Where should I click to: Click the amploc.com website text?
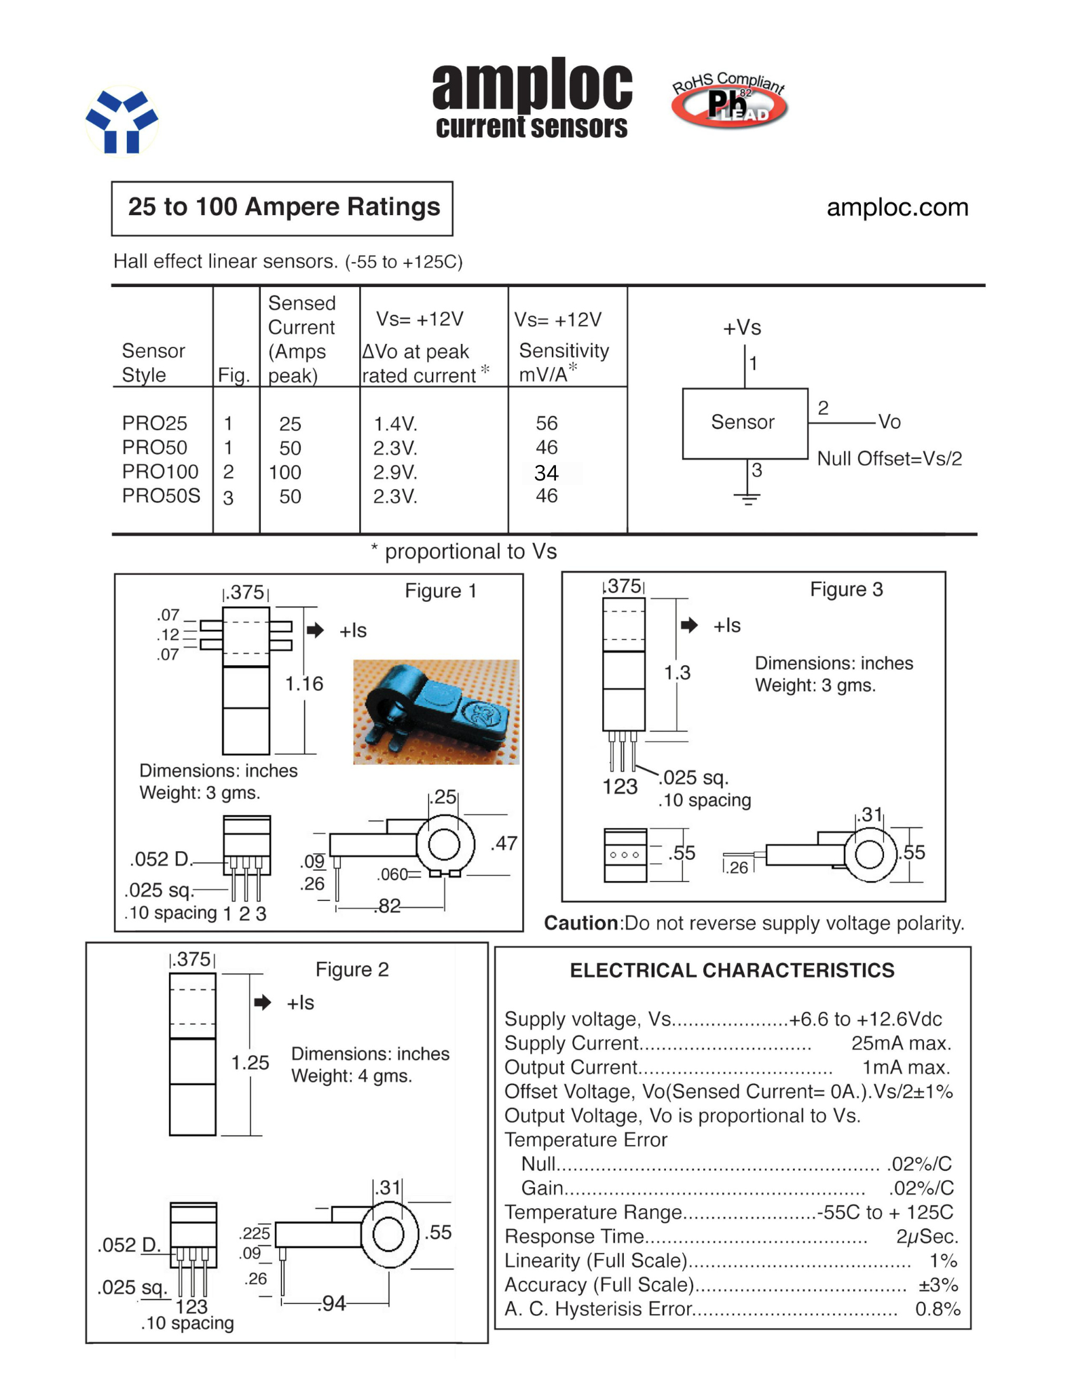pyautogui.click(x=897, y=207)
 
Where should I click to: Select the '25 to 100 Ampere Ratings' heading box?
pyautogui.click(x=282, y=208)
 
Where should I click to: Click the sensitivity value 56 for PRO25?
pyautogui.click(x=547, y=424)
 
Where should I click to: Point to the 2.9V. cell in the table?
pyautogui.click(x=395, y=472)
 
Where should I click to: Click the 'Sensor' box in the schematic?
pyautogui.click(x=744, y=423)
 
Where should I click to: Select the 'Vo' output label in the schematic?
pyautogui.click(x=889, y=422)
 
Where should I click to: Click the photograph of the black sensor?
pyautogui.click(x=435, y=712)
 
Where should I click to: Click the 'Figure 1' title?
pyautogui.click(x=441, y=591)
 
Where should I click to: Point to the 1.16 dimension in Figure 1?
pyautogui.click(x=303, y=683)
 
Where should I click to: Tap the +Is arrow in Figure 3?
pyautogui.click(x=689, y=625)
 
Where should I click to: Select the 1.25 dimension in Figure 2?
pyautogui.click(x=250, y=1063)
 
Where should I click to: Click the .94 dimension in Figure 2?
pyautogui.click(x=333, y=1304)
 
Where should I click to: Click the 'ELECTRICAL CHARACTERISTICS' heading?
pyautogui.click(x=732, y=971)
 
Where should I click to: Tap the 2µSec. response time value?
pyautogui.click(x=927, y=1237)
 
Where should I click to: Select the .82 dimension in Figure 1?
pyautogui.click(x=388, y=907)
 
